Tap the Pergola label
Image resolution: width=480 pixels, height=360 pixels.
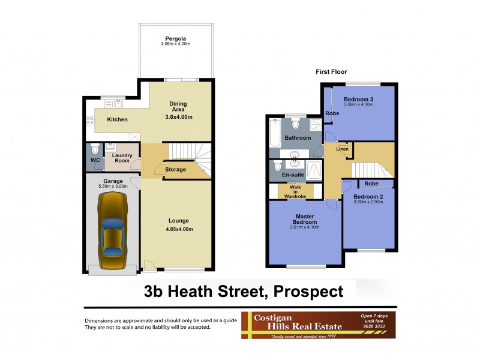coord(175,38)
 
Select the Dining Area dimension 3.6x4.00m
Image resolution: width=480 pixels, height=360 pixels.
coord(178,117)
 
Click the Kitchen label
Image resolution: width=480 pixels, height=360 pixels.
coord(117,119)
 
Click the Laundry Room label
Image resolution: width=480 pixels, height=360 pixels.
coord(117,158)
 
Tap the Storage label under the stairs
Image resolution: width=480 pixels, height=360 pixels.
coord(176,170)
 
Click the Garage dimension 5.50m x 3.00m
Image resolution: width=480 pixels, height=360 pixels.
coord(113,187)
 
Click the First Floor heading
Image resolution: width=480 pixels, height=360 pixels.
coord(332,72)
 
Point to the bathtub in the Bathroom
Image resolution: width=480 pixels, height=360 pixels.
coord(276,134)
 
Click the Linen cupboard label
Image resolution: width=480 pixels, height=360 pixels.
coord(342,149)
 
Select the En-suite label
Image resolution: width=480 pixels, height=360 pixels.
coord(293,175)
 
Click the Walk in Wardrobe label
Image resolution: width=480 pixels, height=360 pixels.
coord(295,190)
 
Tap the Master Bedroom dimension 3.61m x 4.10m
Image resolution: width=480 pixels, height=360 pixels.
coord(306,227)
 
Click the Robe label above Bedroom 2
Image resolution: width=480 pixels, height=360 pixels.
coord(371,183)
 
